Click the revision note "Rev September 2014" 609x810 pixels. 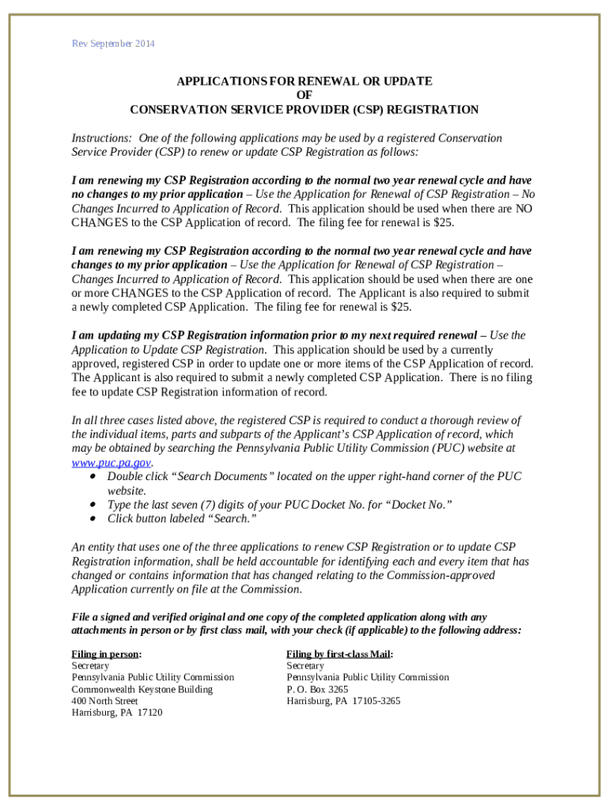[x=113, y=44]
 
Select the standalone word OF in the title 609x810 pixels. [x=304, y=96]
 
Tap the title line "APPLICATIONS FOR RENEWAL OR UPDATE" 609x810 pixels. [x=304, y=81]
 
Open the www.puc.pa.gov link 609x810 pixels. [x=111, y=463]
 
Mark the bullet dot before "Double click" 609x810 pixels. [x=93, y=477]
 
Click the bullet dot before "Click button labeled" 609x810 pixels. [x=93, y=519]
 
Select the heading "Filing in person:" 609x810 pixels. [x=107, y=654]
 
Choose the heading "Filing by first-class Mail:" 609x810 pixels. [x=339, y=654]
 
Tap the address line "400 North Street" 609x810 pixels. [x=104, y=701]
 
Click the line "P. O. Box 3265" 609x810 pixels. [x=317, y=689]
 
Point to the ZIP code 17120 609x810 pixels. [x=149, y=713]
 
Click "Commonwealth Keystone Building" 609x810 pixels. [x=142, y=689]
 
